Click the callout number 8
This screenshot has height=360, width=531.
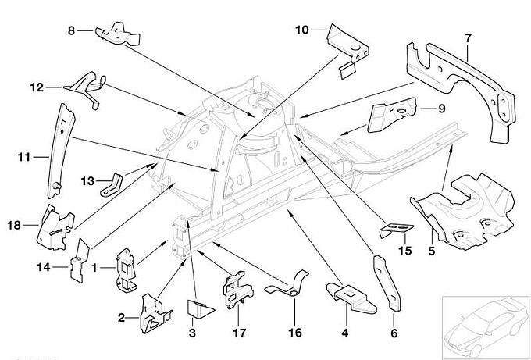click(x=72, y=30)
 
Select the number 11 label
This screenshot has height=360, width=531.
click(x=22, y=157)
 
